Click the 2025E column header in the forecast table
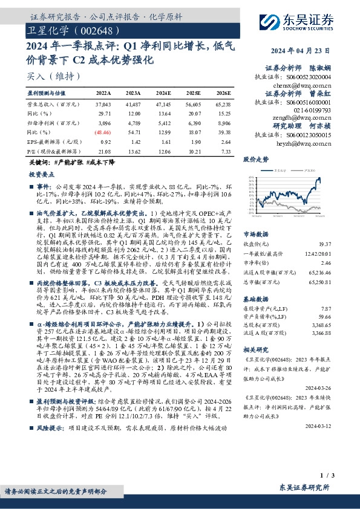click(x=194, y=93)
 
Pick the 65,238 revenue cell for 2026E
click(x=221, y=105)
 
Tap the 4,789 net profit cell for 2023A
click(x=134, y=123)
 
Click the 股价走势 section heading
click(x=255, y=160)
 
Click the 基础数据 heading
click(x=255, y=282)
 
